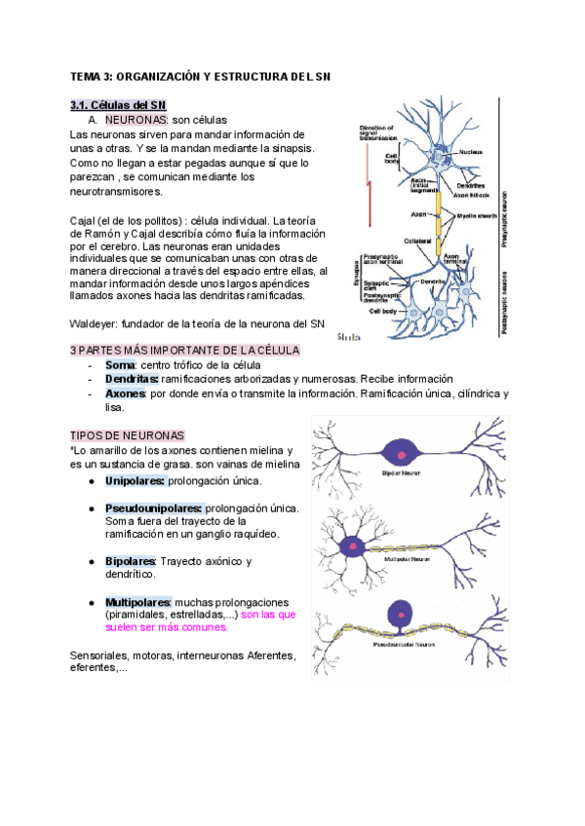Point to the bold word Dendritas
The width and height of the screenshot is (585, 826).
(132, 379)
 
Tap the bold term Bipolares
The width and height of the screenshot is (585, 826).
(131, 561)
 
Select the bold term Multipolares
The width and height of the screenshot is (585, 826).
(137, 603)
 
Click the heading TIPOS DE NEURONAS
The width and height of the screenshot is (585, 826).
(128, 435)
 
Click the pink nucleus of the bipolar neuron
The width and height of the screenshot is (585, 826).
(400, 450)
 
